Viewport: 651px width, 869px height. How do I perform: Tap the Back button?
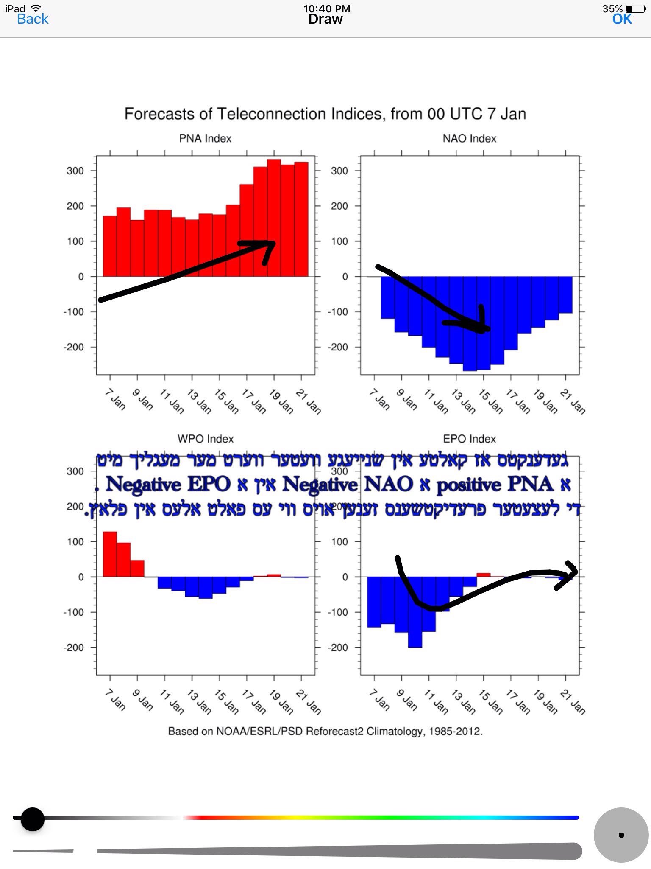pyautogui.click(x=33, y=19)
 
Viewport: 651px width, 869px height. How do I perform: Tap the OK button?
pyautogui.click(x=622, y=19)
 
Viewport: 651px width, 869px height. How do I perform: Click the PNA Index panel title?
pyautogui.click(x=205, y=139)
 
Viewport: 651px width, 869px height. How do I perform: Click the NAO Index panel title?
pyautogui.click(x=469, y=139)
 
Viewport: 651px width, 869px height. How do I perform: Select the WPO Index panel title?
pyautogui.click(x=206, y=439)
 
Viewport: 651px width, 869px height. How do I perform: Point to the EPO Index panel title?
pyautogui.click(x=469, y=439)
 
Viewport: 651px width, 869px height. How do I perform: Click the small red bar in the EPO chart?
pyautogui.click(x=483, y=575)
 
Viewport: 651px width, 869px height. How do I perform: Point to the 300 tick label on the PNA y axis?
pyautogui.click(x=75, y=171)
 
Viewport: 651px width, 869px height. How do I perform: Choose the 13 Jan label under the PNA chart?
pyautogui.click(x=199, y=401)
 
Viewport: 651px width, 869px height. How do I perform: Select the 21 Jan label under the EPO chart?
pyautogui.click(x=572, y=702)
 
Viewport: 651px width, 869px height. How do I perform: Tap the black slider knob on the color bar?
pyautogui.click(x=33, y=819)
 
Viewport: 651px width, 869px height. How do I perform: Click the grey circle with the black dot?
pyautogui.click(x=621, y=835)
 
